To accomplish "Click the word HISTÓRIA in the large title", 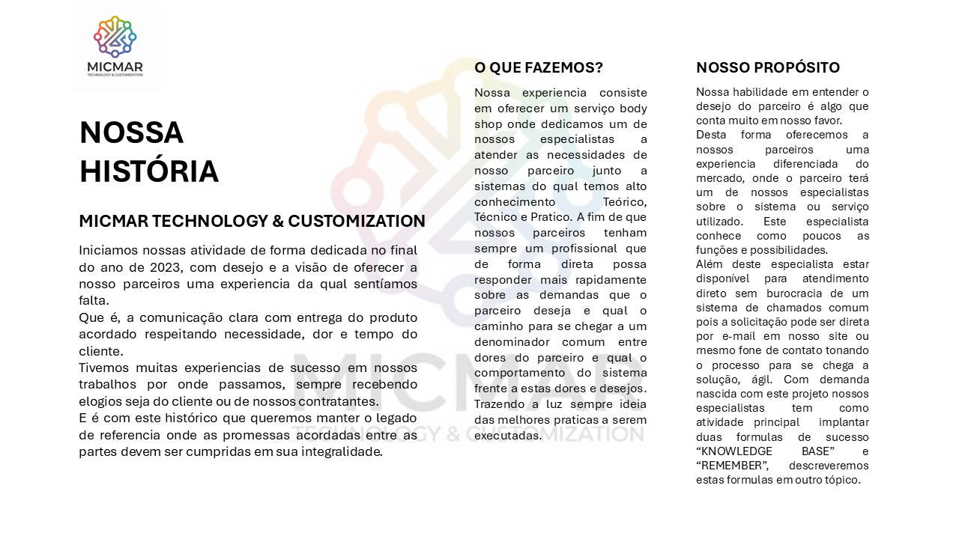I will (148, 171).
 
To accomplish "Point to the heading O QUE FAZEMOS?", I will (539, 68).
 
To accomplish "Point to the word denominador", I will (512, 342).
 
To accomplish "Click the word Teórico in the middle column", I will (625, 202).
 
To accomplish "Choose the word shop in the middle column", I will (489, 124).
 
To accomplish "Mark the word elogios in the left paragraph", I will (101, 401).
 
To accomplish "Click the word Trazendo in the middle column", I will (500, 404).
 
